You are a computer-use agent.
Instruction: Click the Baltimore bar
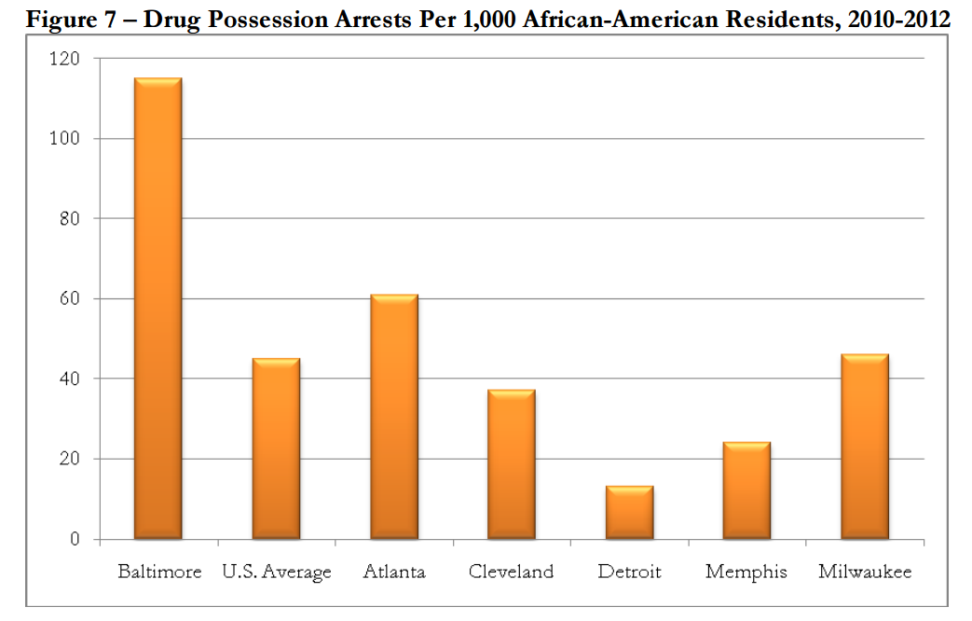click(158, 309)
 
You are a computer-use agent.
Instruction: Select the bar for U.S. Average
click(276, 448)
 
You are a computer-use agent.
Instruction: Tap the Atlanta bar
click(394, 417)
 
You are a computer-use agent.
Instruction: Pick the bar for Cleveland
click(512, 464)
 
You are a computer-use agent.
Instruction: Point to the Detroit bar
click(629, 512)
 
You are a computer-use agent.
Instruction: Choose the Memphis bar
click(746, 490)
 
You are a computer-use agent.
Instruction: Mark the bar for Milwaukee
click(865, 447)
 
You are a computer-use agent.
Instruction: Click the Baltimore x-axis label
click(159, 572)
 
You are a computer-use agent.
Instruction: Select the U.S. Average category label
click(277, 572)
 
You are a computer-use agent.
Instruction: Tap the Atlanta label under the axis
click(394, 572)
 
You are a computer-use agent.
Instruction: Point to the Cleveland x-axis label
click(512, 572)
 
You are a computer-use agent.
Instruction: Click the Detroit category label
click(629, 572)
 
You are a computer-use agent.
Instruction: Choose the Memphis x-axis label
click(746, 572)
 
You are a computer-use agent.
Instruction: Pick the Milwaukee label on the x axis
click(865, 572)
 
